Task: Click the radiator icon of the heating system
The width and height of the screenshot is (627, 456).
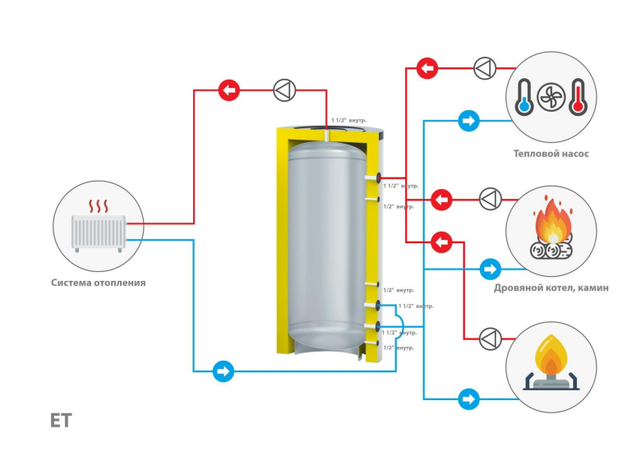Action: tap(98, 233)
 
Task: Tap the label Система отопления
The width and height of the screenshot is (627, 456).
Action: tap(98, 283)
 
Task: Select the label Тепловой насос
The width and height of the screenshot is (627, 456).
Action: tap(551, 154)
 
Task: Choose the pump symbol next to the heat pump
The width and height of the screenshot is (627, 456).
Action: tap(485, 67)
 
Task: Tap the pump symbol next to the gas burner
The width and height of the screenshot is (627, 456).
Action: tap(490, 338)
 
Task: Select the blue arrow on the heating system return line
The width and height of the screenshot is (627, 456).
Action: tap(222, 371)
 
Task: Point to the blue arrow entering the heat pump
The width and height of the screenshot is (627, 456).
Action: tap(468, 122)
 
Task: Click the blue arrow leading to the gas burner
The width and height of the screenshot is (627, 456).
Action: tap(468, 399)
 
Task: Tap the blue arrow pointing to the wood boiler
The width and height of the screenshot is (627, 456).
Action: tap(491, 269)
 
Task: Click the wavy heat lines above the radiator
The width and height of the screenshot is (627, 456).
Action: tap(99, 205)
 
